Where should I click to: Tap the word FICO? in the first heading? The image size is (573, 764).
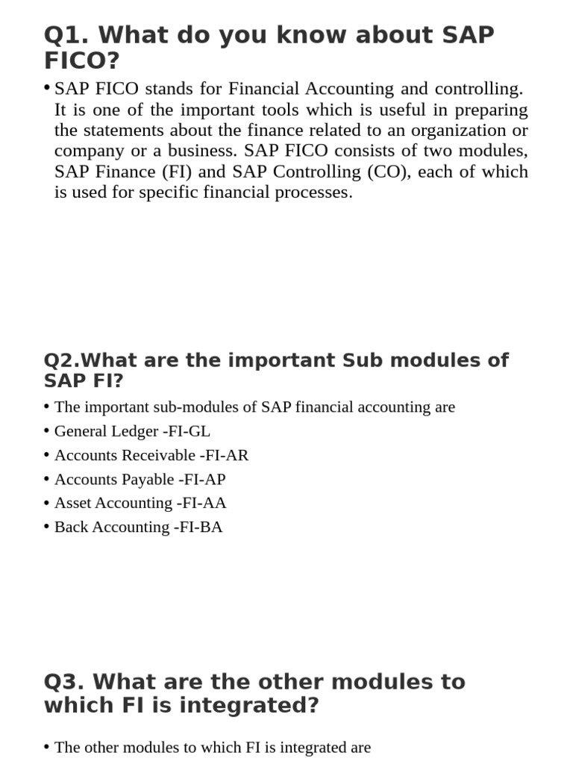[x=82, y=60]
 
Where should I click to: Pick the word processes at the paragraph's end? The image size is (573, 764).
[x=313, y=192]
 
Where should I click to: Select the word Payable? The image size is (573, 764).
[x=148, y=479]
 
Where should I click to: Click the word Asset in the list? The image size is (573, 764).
[x=72, y=503]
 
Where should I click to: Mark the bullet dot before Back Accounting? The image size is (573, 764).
[x=47, y=526]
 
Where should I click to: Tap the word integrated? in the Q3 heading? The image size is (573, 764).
[x=253, y=705]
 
